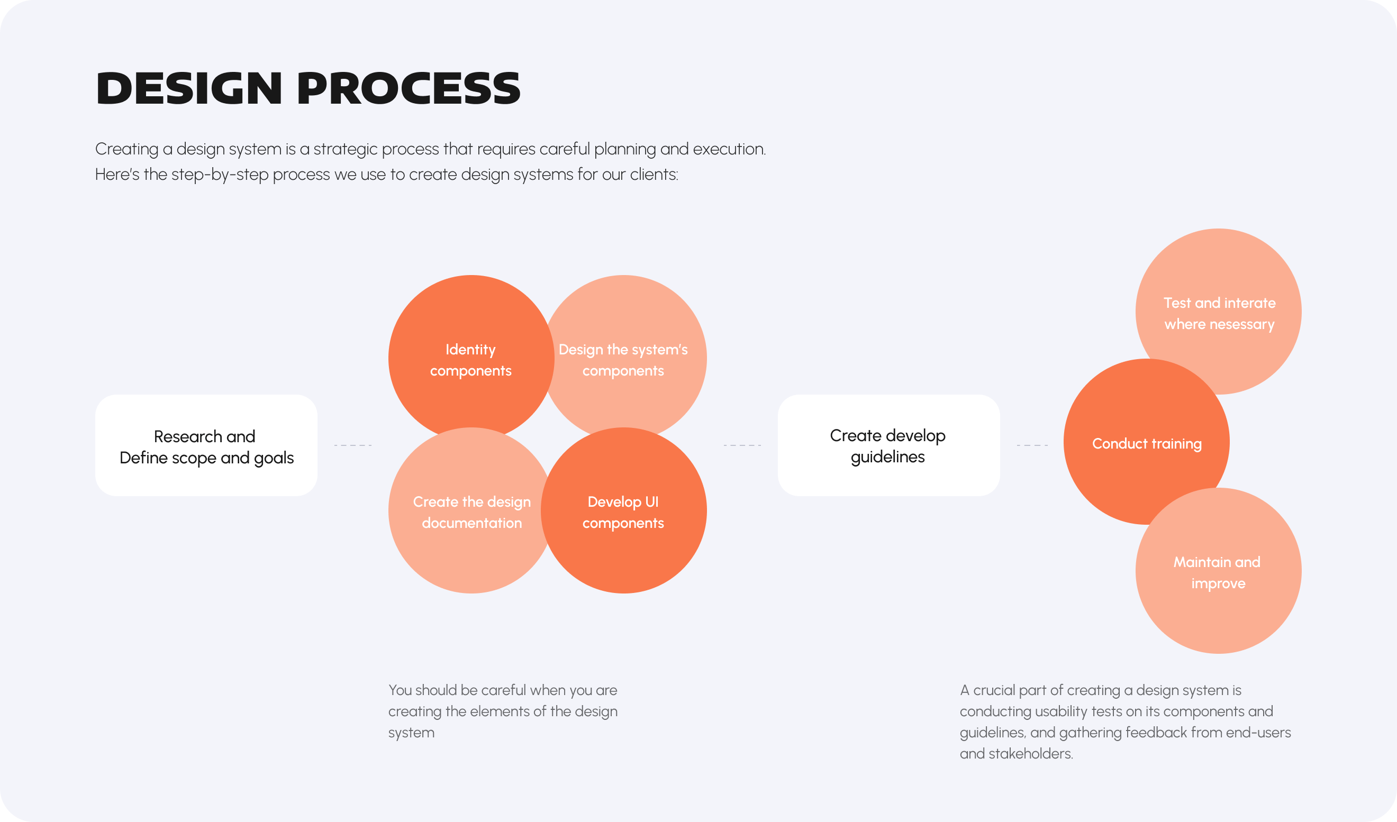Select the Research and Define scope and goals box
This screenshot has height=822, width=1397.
pyautogui.click(x=206, y=445)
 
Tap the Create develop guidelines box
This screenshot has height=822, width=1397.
pyautogui.click(x=888, y=445)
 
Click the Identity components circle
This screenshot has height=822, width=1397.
pyautogui.click(x=471, y=358)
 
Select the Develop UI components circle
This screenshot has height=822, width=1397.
pyautogui.click(x=624, y=510)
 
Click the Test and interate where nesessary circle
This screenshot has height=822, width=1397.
pyautogui.click(x=1219, y=312)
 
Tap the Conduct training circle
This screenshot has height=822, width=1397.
pyautogui.click(x=1146, y=442)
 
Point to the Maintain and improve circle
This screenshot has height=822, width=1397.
pyautogui.click(x=1219, y=571)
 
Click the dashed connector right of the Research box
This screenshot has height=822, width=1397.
pyautogui.click(x=353, y=445)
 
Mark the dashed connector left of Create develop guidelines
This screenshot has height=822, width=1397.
pyautogui.click(x=742, y=445)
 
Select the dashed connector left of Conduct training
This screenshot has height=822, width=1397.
pyautogui.click(x=1032, y=445)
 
